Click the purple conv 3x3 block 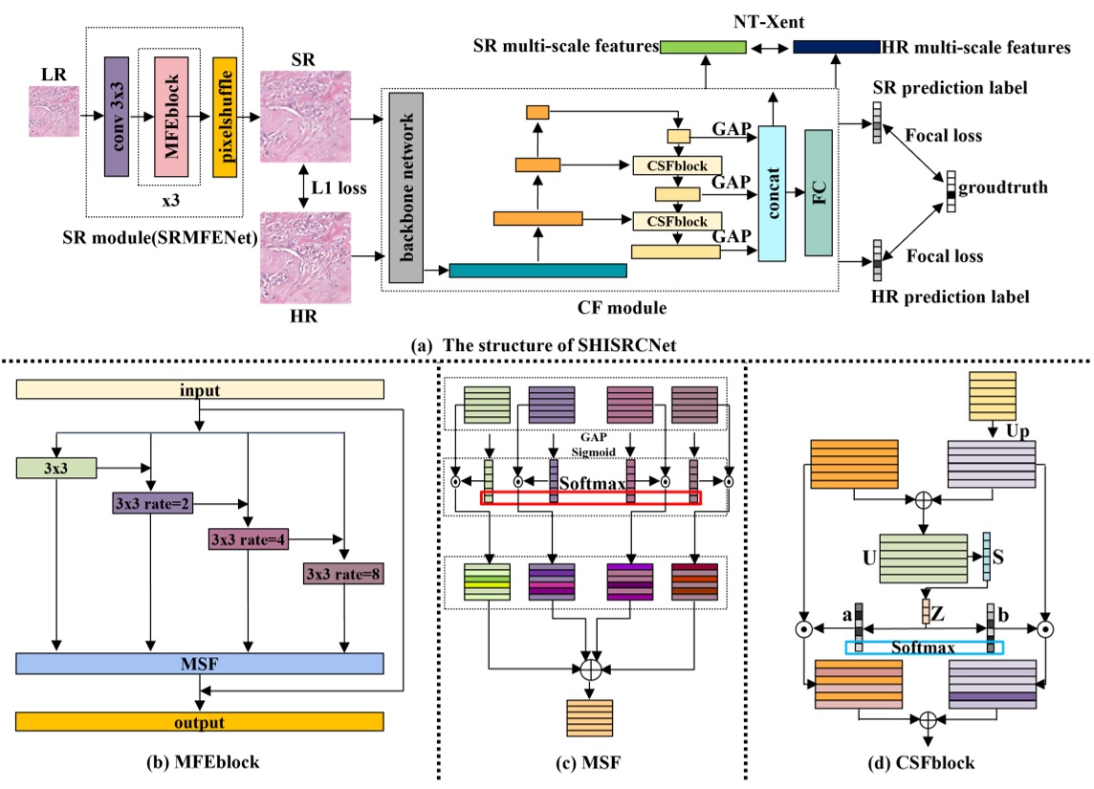[116, 115]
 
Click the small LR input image [53, 117]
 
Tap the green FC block [820, 190]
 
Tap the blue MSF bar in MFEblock [200, 663]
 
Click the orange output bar [200, 721]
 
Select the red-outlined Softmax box [590, 497]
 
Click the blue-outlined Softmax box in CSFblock [925, 647]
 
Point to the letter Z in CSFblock [940, 609]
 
